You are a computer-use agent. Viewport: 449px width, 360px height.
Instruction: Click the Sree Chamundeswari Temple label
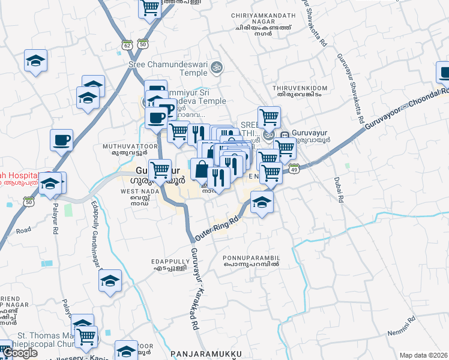click(167, 68)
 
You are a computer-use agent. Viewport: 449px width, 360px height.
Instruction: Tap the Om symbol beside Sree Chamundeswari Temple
click(217, 67)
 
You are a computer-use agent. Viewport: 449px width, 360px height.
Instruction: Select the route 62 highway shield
click(126, 44)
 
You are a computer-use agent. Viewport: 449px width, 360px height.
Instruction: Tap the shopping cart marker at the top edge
click(150, 7)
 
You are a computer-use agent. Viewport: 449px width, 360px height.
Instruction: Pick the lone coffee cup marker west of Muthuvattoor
click(61, 140)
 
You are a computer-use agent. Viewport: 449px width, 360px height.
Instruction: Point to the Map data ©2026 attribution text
click(423, 355)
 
